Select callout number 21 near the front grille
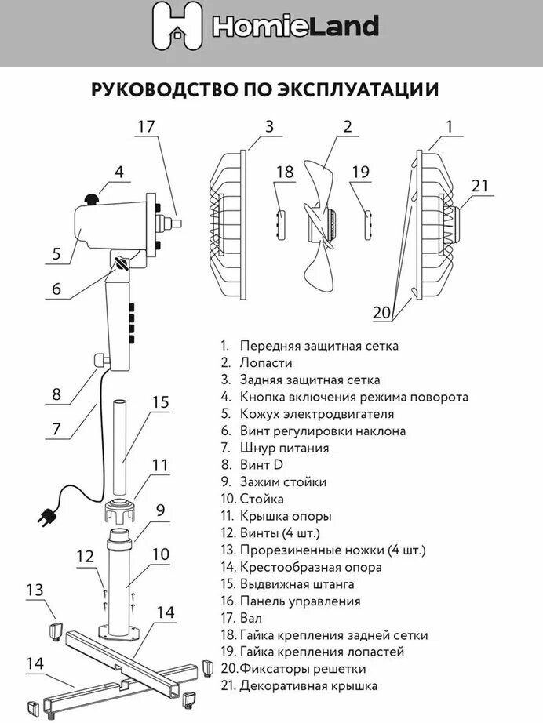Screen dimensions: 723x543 (479, 186)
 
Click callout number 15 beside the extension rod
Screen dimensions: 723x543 (160, 402)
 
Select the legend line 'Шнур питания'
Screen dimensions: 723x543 (284, 448)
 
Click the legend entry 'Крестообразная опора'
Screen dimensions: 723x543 (311, 567)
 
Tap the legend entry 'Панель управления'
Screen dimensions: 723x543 (300, 601)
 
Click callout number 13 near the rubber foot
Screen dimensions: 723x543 (36, 589)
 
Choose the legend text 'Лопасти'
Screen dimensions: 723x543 (266, 363)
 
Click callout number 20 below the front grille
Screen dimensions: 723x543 (382, 313)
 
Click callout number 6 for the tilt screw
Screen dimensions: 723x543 (56, 288)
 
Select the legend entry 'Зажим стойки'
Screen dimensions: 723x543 (282, 482)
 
